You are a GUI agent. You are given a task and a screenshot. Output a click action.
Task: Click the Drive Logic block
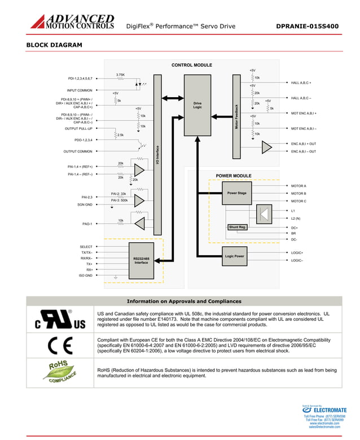197,104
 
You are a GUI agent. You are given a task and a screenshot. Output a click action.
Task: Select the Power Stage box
236,193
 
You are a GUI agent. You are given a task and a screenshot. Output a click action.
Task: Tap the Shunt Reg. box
238,227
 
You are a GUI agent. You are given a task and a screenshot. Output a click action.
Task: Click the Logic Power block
234,256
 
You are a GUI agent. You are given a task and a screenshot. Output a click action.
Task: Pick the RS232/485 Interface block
141,260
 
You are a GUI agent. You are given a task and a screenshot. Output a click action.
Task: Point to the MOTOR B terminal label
298,193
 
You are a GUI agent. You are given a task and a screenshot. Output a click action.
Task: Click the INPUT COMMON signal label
80,90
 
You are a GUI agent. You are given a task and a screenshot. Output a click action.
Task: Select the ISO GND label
85,276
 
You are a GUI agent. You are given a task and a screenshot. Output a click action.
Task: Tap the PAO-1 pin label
87,224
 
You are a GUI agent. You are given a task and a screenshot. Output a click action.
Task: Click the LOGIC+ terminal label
297,252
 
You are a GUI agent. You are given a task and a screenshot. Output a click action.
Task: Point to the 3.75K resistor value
120,75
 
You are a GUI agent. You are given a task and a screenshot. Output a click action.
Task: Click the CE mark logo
59,345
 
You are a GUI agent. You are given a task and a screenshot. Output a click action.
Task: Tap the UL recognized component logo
60,319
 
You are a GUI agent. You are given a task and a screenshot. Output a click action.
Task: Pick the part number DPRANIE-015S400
308,26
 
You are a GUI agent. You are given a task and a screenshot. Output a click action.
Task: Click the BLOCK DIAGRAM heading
54,45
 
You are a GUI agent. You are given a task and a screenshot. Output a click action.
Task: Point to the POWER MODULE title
234,176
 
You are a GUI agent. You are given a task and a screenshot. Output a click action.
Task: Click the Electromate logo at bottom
324,410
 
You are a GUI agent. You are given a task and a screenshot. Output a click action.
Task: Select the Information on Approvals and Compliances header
184,301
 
